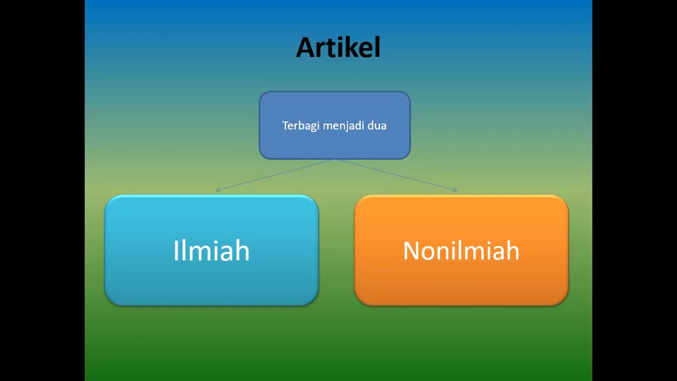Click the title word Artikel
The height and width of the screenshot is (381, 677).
tap(338, 48)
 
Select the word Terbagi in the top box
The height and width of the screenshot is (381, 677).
tap(297, 125)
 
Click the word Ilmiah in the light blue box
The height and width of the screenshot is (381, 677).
tap(211, 250)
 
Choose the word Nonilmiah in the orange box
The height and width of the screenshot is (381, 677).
tap(461, 250)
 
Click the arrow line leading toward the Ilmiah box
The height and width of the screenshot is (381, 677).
tap(275, 175)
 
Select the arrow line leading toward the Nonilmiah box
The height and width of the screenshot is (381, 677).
tap(397, 175)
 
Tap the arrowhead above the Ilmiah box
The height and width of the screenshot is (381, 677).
tap(217, 190)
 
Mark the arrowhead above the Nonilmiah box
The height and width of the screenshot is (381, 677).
tap(455, 189)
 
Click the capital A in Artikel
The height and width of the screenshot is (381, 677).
tap(306, 48)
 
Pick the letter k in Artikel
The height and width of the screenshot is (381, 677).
tap(351, 48)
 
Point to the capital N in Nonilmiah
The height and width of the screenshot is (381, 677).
tap(412, 250)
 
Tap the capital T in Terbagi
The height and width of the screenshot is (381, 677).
tap(285, 125)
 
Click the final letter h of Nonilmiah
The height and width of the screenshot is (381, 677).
tap(513, 250)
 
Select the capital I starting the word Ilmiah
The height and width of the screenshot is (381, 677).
tap(176, 250)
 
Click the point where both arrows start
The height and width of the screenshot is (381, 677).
tap(335, 159)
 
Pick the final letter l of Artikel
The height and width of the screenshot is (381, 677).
tap(377, 48)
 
